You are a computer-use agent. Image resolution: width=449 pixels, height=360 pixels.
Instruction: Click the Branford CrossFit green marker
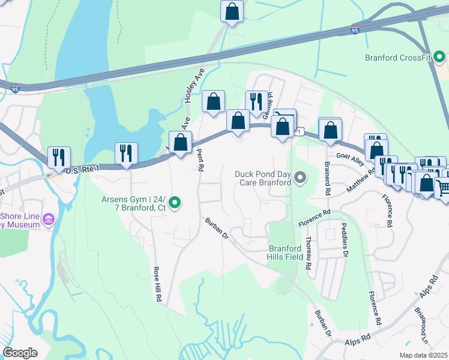[439, 58]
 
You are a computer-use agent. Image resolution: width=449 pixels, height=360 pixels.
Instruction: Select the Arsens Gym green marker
[175, 204]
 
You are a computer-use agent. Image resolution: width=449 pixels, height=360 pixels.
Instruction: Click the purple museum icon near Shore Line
[48, 220]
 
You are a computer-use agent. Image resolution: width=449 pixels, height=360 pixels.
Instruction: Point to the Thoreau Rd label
[308, 252]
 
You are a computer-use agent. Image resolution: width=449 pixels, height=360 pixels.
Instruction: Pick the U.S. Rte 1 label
[81, 171]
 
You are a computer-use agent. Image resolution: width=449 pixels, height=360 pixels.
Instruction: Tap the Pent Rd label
[200, 158]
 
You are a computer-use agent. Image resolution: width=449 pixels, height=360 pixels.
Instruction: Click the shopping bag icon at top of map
[232, 11]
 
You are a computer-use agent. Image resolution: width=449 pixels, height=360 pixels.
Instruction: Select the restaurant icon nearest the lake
[126, 153]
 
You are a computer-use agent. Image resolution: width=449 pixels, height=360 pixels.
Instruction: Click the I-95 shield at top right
[355, 29]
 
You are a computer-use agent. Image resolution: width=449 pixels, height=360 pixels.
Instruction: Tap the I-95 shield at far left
[14, 89]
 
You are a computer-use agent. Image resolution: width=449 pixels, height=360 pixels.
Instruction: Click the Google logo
[20, 353]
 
